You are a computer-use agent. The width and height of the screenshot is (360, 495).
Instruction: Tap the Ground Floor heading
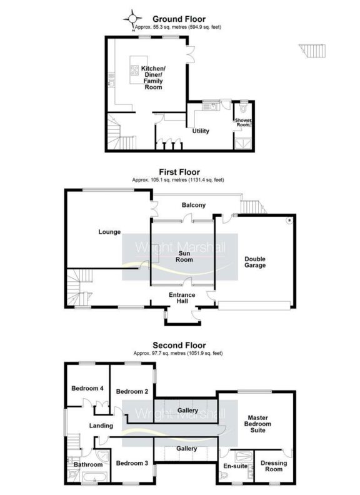click(x=179, y=19)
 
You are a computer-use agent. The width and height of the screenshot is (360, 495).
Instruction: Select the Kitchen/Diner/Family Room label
click(x=153, y=77)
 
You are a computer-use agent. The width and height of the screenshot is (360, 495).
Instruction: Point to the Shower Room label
click(x=242, y=122)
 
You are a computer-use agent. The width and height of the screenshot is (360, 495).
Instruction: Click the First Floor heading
click(x=179, y=171)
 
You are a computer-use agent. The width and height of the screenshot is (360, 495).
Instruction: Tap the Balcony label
click(x=194, y=205)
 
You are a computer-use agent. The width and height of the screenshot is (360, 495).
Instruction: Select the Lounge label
click(x=109, y=232)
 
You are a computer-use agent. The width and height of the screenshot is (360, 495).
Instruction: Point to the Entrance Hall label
click(x=183, y=298)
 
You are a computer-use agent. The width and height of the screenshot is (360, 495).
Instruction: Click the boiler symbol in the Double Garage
click(x=288, y=220)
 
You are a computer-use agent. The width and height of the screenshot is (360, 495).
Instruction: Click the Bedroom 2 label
click(x=131, y=392)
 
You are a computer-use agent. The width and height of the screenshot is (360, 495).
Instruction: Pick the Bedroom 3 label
click(x=131, y=463)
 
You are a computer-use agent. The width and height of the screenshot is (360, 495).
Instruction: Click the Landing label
click(x=101, y=426)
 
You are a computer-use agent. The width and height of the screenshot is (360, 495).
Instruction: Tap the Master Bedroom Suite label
click(x=257, y=424)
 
